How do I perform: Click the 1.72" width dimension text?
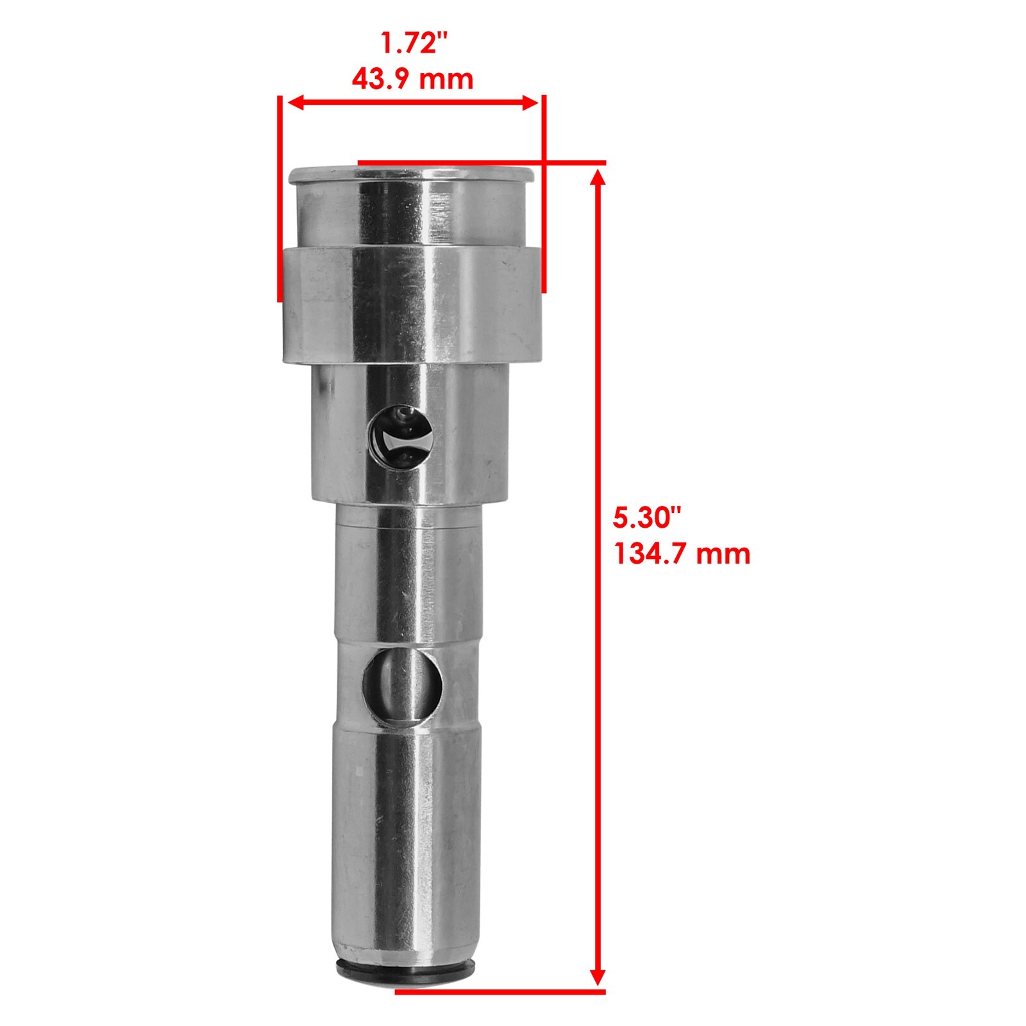tap(414, 43)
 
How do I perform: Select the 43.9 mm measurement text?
tap(412, 80)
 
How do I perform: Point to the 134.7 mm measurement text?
tap(682, 553)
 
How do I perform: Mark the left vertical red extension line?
tap(280, 199)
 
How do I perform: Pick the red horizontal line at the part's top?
tap(481, 163)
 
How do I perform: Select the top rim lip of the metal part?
tap(410, 175)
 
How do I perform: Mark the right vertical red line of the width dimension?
tap(544, 192)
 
